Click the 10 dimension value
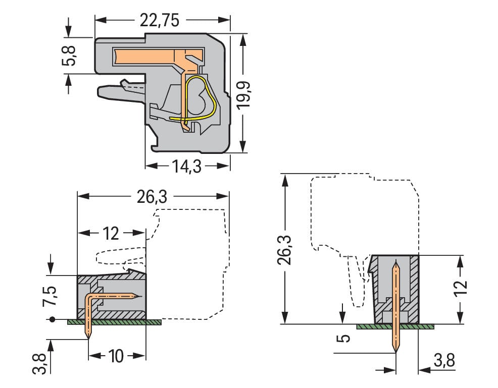pos(116,356)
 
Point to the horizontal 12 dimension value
pos(111,234)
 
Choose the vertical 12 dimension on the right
pos(461,290)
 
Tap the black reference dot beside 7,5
pos(52,319)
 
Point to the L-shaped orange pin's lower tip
pos(89,336)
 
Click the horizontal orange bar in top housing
pos(146,56)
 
